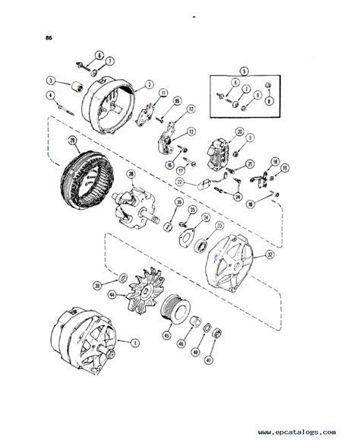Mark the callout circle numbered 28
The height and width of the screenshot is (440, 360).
(x=131, y=176)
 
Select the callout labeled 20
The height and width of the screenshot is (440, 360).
(x=260, y=131)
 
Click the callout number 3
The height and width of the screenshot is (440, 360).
(x=51, y=80)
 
